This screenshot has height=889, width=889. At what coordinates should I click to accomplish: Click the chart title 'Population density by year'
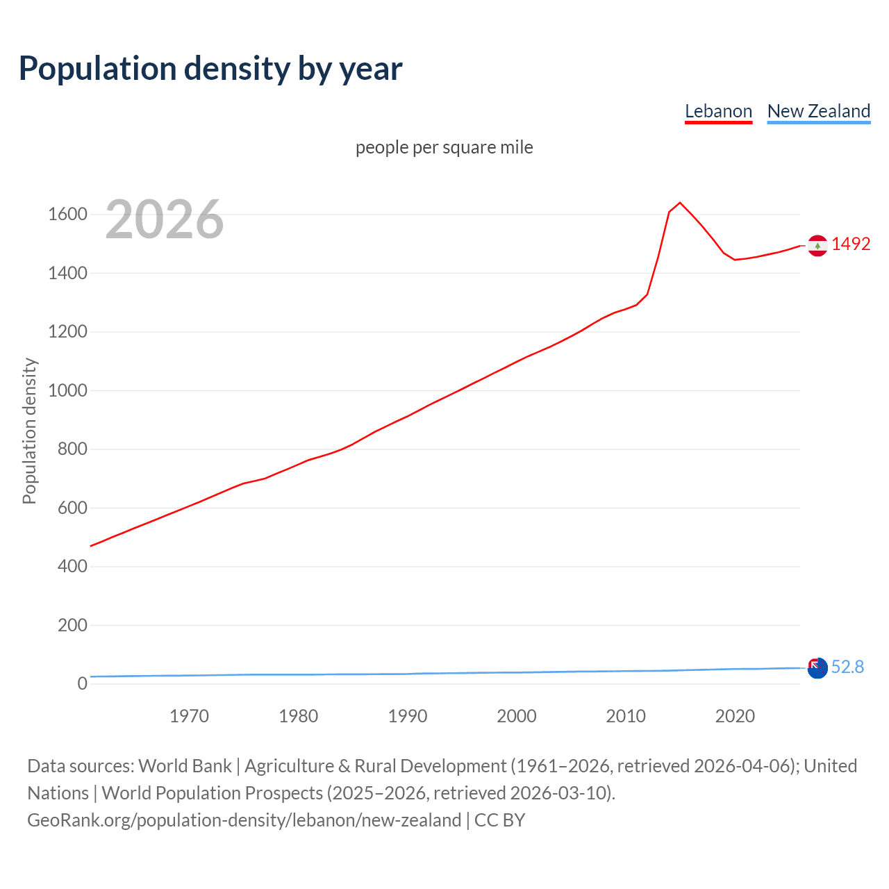(x=210, y=69)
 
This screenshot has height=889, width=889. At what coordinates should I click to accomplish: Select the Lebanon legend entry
(x=718, y=111)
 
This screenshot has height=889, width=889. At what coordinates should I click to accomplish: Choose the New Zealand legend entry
(x=818, y=111)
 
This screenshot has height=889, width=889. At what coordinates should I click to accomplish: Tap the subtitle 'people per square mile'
(x=444, y=147)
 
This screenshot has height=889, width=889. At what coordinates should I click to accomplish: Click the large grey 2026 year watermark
(x=165, y=219)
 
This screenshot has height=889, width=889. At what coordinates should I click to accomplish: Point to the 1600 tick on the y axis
(x=67, y=214)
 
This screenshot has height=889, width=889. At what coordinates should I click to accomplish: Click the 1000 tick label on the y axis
(x=67, y=390)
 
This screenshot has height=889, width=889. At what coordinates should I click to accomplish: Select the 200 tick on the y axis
(x=72, y=625)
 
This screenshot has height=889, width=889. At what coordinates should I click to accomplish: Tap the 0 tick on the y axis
(x=82, y=683)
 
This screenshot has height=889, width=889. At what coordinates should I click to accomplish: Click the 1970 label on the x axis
(x=189, y=716)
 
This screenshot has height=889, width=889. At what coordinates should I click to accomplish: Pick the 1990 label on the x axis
(x=408, y=716)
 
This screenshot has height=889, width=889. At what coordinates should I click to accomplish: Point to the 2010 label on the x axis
(x=626, y=716)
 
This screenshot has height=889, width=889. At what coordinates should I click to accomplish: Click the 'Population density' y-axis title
(x=29, y=431)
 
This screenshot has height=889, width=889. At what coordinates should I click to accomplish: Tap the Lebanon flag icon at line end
(x=817, y=245)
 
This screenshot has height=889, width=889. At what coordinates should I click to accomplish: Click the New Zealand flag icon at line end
(x=817, y=667)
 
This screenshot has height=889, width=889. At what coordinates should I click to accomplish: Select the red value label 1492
(x=851, y=244)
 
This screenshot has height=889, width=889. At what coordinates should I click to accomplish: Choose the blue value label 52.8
(x=847, y=667)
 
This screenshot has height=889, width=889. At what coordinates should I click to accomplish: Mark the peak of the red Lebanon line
(x=680, y=203)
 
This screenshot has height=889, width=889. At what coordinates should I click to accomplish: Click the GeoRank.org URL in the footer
(x=244, y=820)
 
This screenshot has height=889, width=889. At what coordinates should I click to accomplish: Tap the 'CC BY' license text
(x=499, y=820)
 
